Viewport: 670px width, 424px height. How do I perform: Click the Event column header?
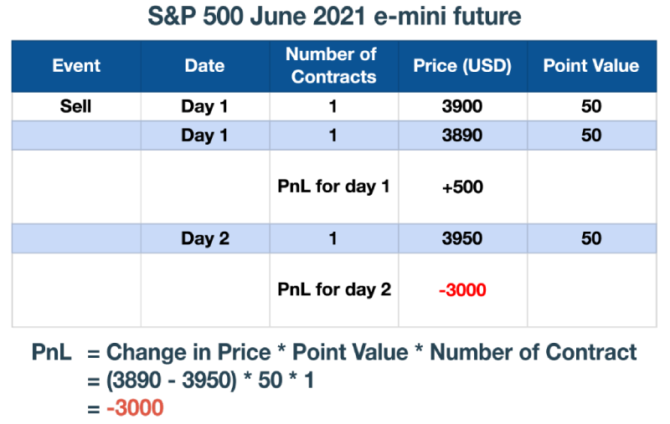tap(76, 66)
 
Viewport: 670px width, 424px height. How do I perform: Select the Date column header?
tap(204, 66)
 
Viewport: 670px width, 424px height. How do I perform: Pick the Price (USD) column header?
tap(462, 66)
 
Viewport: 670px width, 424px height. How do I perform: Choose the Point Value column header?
tap(591, 66)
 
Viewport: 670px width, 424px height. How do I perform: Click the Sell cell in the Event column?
tap(75, 106)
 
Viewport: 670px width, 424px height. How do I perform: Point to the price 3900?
tap(462, 106)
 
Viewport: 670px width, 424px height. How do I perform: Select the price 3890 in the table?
tap(462, 135)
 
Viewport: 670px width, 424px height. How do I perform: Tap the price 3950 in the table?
tap(462, 238)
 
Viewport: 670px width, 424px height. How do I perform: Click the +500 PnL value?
tap(463, 186)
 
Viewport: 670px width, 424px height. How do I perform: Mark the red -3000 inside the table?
tap(463, 290)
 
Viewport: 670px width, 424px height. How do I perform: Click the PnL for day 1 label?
tap(333, 186)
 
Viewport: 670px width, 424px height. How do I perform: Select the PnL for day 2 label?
tap(334, 289)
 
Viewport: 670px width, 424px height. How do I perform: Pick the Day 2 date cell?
tap(205, 238)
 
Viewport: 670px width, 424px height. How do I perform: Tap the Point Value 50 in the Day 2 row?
tap(591, 238)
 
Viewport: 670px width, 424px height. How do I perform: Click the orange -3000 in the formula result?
tap(135, 408)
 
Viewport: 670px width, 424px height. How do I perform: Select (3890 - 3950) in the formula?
tap(172, 380)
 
